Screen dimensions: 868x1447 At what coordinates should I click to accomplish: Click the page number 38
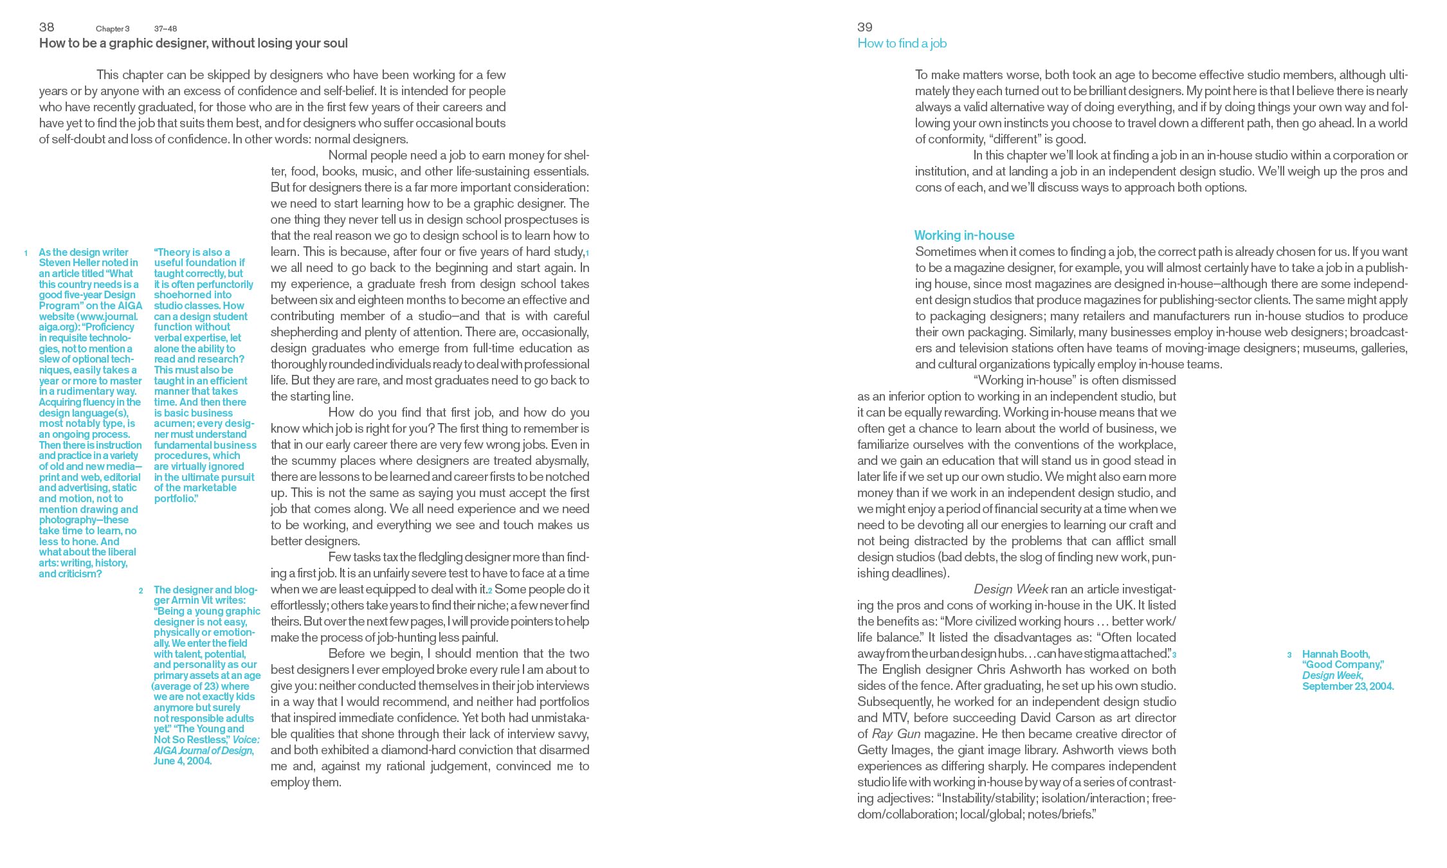[x=46, y=27]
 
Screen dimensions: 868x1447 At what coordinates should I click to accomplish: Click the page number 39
[x=864, y=27]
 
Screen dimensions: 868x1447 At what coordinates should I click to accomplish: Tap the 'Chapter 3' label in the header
[x=113, y=29]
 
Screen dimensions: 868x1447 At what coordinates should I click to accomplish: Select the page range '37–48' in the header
[x=165, y=29]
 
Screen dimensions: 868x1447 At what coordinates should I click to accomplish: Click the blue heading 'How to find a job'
[x=902, y=44]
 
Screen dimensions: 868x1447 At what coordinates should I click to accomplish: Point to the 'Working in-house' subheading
[x=964, y=235]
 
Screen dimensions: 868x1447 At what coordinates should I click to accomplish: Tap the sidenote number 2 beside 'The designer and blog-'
[x=141, y=591]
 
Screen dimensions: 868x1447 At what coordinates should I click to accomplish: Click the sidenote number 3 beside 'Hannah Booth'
[x=1289, y=655]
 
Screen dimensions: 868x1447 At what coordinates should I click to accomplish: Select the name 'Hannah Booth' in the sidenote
[x=1335, y=655]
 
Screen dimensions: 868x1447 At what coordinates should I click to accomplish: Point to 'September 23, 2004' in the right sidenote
[x=1347, y=687]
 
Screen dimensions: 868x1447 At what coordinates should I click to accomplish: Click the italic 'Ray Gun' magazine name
[x=896, y=734]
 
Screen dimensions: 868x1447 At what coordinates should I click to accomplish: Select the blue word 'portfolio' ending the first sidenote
[x=174, y=499]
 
